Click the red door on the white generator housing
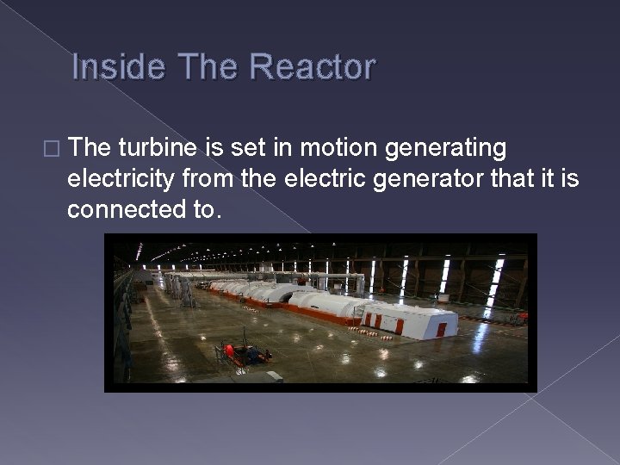pos(441,329)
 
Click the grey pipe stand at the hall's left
pos(185,290)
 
